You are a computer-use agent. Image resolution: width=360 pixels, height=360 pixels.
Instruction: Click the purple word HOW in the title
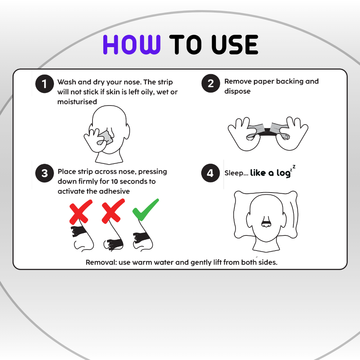tap(131, 45)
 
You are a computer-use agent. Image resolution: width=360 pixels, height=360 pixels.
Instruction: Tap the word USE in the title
tap(235, 45)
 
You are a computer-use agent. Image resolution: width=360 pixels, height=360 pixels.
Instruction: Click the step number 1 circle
tap(45, 84)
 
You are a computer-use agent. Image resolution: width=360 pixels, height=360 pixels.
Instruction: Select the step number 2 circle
tap(211, 84)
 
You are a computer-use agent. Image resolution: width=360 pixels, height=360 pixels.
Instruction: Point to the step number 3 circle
tap(45, 173)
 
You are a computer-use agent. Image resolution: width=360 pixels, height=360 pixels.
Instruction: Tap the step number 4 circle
tap(211, 173)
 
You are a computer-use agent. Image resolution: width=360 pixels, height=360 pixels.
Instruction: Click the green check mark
tap(145, 210)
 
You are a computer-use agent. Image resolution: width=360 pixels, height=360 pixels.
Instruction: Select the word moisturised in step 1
tap(77, 102)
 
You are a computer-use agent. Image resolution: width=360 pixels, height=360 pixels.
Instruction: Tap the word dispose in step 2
tap(237, 91)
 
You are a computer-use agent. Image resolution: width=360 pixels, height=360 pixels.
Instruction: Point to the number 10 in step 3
tap(114, 181)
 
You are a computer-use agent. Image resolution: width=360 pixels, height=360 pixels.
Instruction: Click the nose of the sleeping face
tap(266, 222)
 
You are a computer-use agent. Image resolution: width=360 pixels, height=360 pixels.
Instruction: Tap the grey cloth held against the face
tap(105, 138)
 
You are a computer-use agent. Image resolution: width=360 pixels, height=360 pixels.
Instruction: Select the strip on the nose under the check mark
tap(141, 238)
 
